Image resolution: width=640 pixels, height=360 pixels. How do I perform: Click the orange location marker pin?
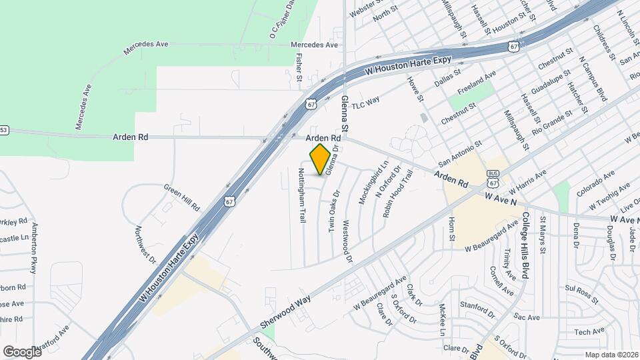[321, 159]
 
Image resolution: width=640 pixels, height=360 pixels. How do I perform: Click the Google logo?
[22, 351]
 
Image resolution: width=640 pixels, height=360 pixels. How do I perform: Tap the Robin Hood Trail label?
[398, 194]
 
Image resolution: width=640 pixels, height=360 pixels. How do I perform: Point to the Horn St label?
[451, 229]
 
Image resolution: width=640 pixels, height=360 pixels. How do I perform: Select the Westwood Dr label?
[346, 241]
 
